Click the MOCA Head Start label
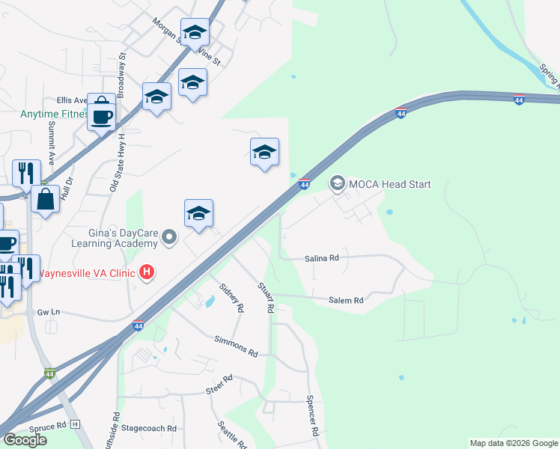pyautogui.click(x=389, y=184)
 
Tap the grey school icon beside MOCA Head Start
pyautogui.click(x=337, y=183)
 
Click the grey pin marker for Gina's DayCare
pyautogui.click(x=170, y=239)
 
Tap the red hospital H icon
pyautogui.click(x=147, y=272)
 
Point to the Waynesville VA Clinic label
pyautogui.click(x=88, y=272)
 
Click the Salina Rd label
pyautogui.click(x=322, y=258)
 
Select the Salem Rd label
pyautogui.click(x=346, y=300)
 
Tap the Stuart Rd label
pyautogui.click(x=267, y=297)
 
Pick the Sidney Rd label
pyautogui.click(x=231, y=297)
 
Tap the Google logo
pyautogui.click(x=25, y=439)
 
